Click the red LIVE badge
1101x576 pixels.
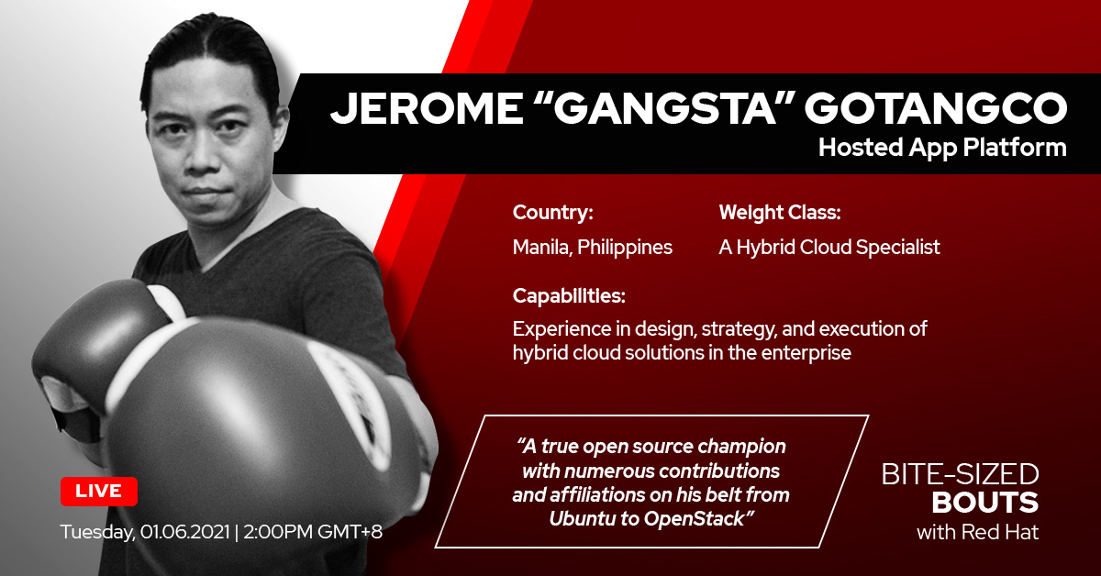click(x=99, y=491)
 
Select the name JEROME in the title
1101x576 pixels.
click(x=427, y=108)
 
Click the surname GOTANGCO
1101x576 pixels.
click(x=936, y=108)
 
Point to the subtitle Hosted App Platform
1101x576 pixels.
click(x=942, y=148)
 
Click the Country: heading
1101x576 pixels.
click(x=553, y=212)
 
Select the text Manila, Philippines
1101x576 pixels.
click(x=593, y=247)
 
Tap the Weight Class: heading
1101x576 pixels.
click(x=780, y=212)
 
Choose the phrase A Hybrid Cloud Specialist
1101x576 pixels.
click(x=829, y=247)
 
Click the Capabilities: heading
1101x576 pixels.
click(x=569, y=296)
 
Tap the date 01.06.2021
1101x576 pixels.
click(x=185, y=532)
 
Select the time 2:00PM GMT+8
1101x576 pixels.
click(x=313, y=532)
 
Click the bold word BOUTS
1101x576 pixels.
click(x=985, y=503)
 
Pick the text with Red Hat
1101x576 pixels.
click(x=978, y=532)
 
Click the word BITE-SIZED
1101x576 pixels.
click(x=960, y=475)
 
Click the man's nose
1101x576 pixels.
click(x=204, y=153)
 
